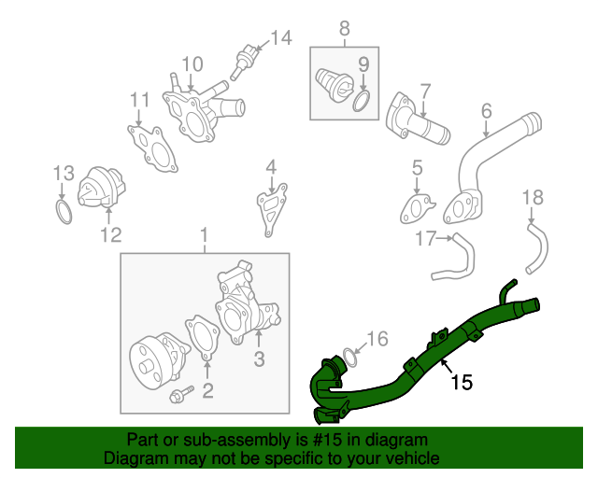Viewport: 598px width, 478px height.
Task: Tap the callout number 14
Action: [x=280, y=38]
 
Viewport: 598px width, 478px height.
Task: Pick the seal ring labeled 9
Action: [x=361, y=100]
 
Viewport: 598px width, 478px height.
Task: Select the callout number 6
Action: [x=486, y=111]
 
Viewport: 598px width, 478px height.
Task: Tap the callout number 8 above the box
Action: [x=344, y=29]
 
